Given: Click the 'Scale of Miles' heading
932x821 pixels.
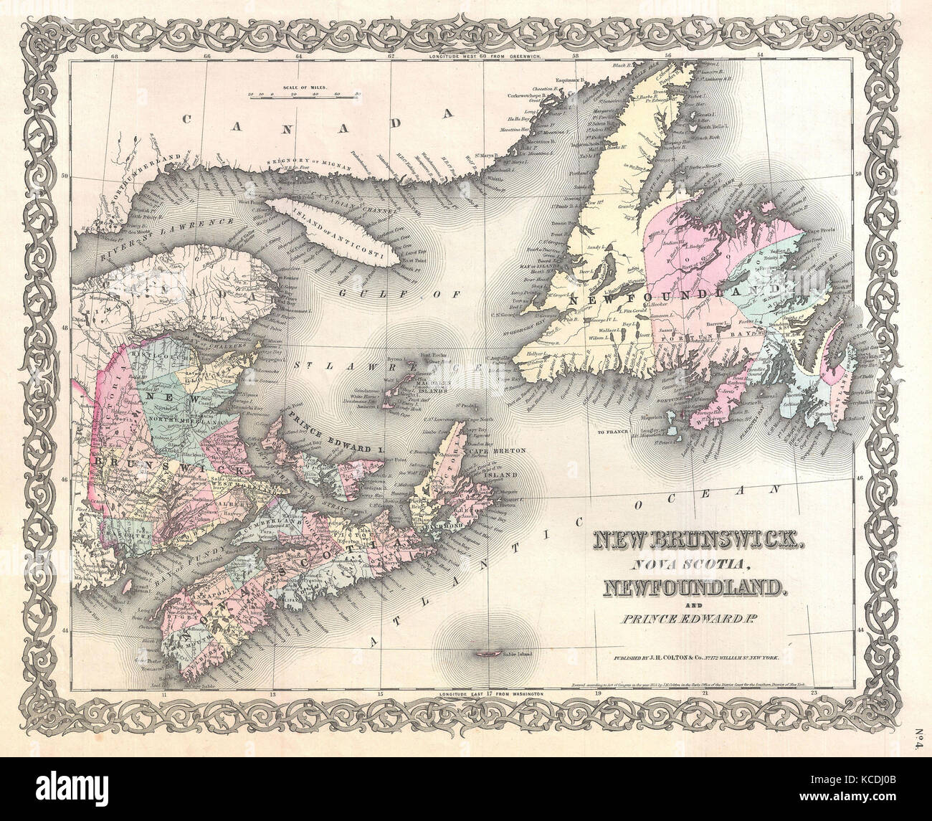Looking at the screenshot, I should coord(305,86).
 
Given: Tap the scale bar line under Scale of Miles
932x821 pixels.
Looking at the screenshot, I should coord(305,94).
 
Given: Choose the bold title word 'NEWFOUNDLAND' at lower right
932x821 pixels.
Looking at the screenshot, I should coord(692,589).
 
